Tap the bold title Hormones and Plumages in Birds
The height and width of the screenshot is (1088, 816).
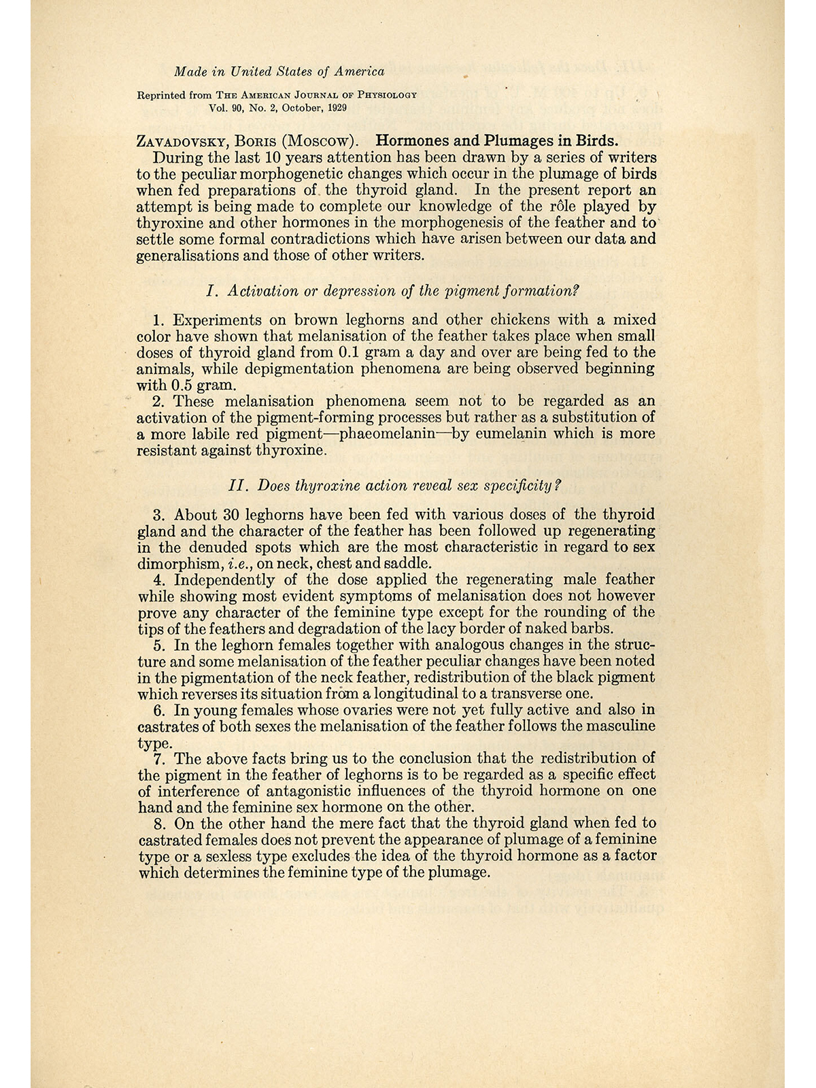[497, 141]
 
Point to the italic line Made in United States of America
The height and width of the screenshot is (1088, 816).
[279, 71]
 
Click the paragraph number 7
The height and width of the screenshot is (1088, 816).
[161, 758]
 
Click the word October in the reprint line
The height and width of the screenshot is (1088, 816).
[292, 107]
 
